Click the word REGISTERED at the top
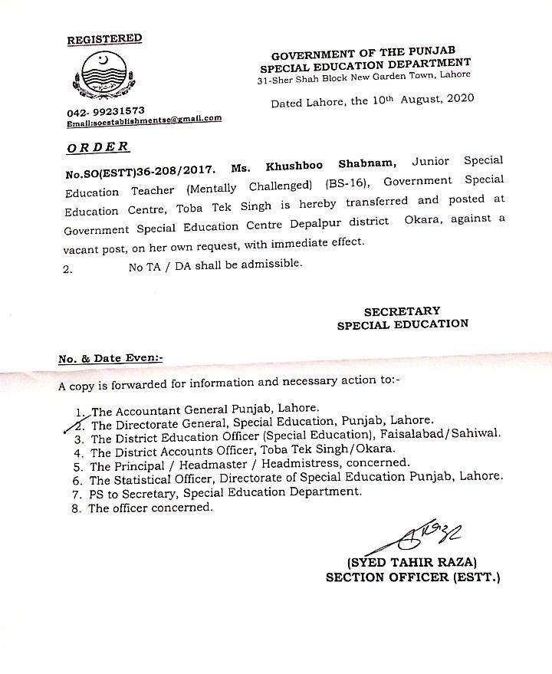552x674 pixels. (104, 38)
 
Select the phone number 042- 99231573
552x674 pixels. (105, 110)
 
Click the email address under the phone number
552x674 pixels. (144, 120)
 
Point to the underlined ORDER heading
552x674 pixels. (98, 146)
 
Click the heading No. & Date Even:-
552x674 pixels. (110, 358)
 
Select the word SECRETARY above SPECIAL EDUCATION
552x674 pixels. (402, 311)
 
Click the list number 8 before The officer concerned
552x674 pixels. (75, 508)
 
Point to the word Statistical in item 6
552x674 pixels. (148, 479)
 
